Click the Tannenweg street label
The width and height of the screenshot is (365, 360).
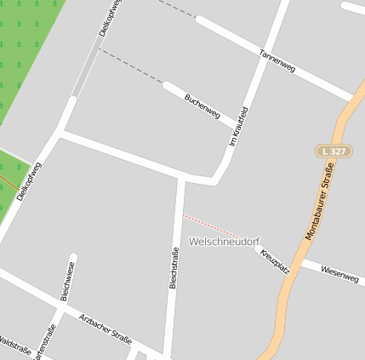click(277, 60)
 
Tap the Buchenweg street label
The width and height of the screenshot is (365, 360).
click(202, 106)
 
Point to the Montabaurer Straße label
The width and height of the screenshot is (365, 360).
click(319, 203)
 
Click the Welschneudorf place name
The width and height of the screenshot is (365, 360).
click(224, 242)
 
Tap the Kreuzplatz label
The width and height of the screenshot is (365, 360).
click(276, 260)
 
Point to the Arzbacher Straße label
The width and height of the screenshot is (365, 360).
click(106, 329)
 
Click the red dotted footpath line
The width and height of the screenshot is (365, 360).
click(211, 226)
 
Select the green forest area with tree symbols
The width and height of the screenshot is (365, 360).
click(26, 43)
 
